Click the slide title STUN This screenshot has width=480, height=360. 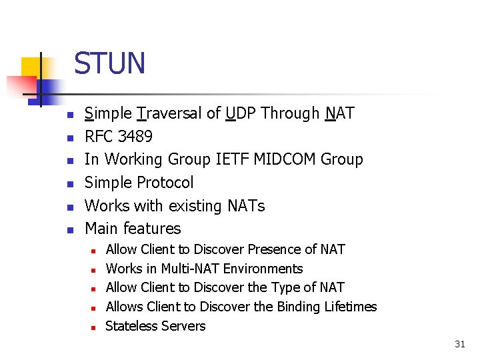[x=109, y=63]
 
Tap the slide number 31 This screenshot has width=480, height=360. [x=459, y=344]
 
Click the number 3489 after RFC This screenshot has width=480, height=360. [x=135, y=137]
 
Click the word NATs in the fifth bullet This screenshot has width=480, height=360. [x=245, y=205]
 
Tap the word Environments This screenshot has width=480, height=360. [x=263, y=269]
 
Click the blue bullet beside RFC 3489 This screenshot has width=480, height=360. [x=69, y=137]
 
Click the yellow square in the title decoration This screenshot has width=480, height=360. [x=29, y=67]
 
